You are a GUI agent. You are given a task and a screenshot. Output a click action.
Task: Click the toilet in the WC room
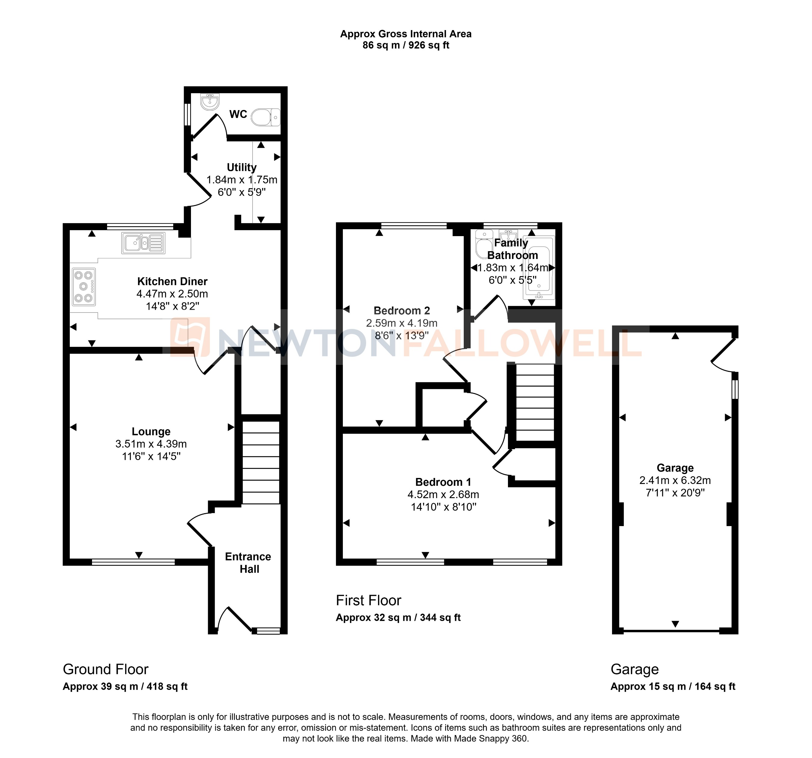(x=266, y=117)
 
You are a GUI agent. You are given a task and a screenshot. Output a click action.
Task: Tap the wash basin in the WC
(x=210, y=102)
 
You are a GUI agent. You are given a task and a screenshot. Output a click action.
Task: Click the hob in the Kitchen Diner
(x=84, y=287)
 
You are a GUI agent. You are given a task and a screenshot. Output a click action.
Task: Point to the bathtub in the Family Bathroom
(x=539, y=266)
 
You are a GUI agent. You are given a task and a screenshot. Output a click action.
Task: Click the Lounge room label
(x=151, y=432)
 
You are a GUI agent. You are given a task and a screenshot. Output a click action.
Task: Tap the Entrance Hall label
(x=248, y=563)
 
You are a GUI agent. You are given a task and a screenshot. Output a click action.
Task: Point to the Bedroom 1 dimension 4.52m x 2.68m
(x=443, y=495)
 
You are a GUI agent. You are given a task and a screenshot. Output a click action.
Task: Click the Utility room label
(x=241, y=167)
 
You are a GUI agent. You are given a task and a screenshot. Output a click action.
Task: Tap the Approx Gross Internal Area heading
(x=406, y=34)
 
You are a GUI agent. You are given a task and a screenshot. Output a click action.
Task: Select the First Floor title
(x=368, y=600)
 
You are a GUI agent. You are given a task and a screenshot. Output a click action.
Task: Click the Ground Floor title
(x=105, y=669)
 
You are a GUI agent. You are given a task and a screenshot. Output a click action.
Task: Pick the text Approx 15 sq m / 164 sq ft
(x=673, y=686)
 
